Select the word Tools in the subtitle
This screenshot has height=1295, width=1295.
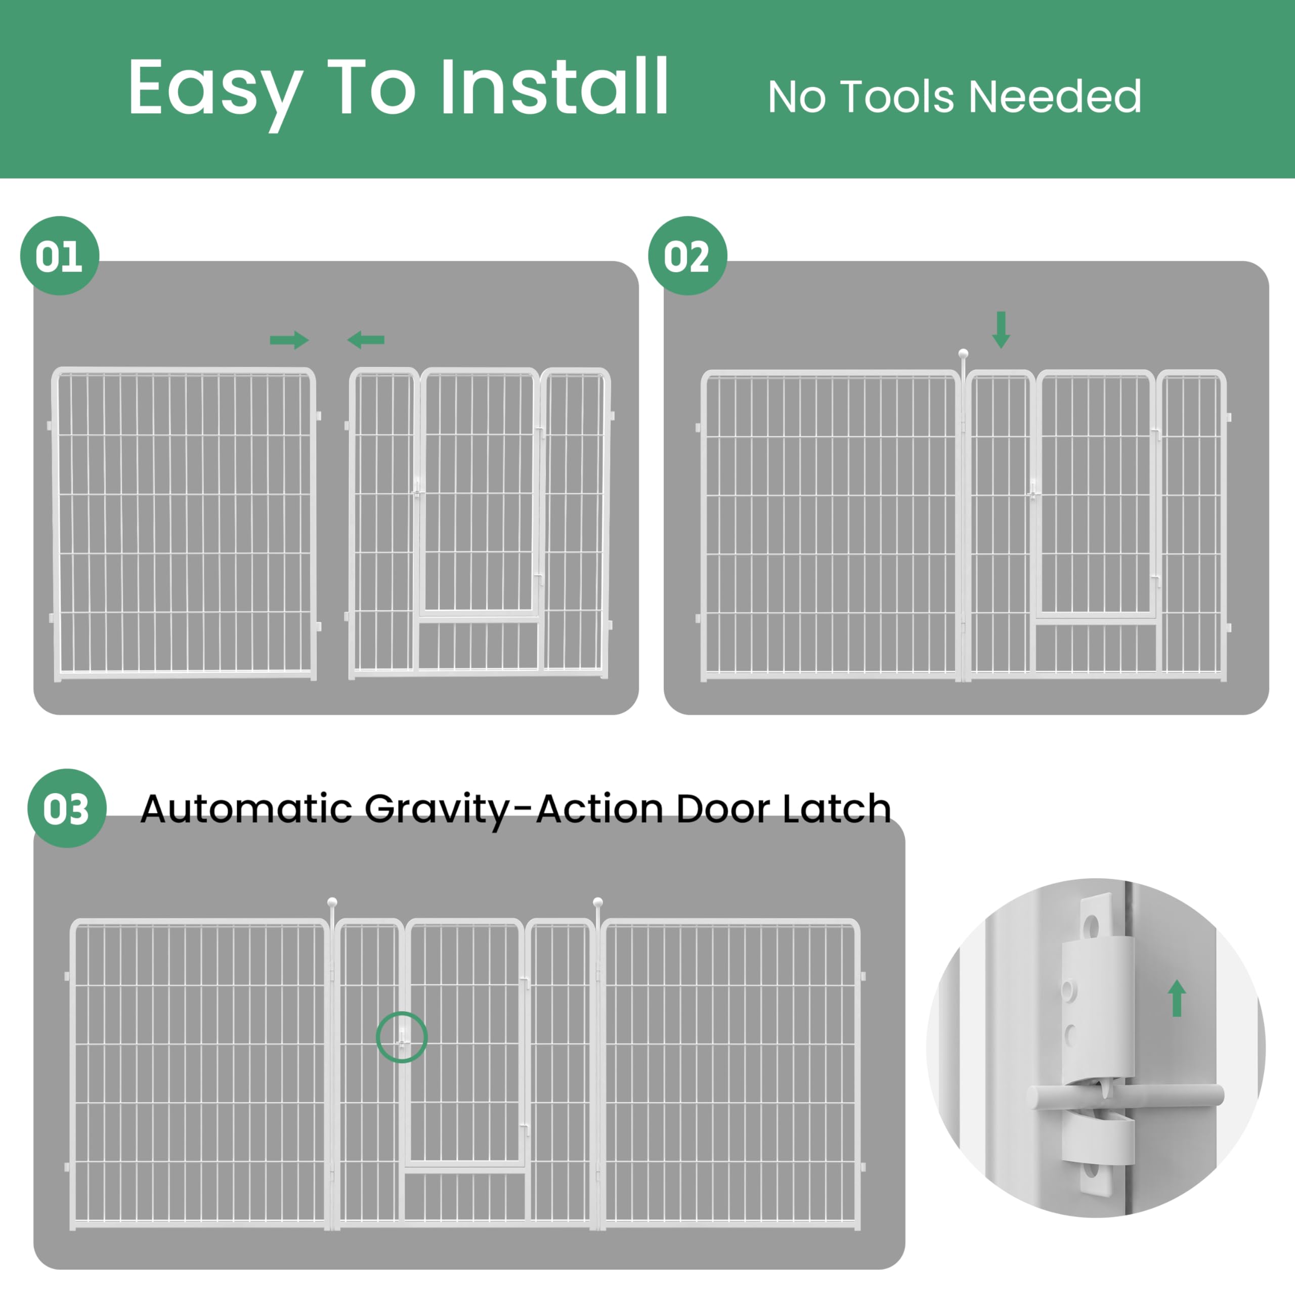click(896, 97)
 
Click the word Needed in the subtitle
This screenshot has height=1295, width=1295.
click(1055, 97)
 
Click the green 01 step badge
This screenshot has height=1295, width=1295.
click(60, 255)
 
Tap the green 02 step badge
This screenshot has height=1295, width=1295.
click(688, 255)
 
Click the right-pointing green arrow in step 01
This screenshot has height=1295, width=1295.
click(289, 340)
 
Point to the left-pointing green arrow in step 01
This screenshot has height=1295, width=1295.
click(365, 340)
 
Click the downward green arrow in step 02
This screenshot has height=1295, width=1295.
click(1001, 330)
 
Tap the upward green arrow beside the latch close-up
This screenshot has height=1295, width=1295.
click(1177, 998)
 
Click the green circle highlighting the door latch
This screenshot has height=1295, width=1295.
click(402, 1037)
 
